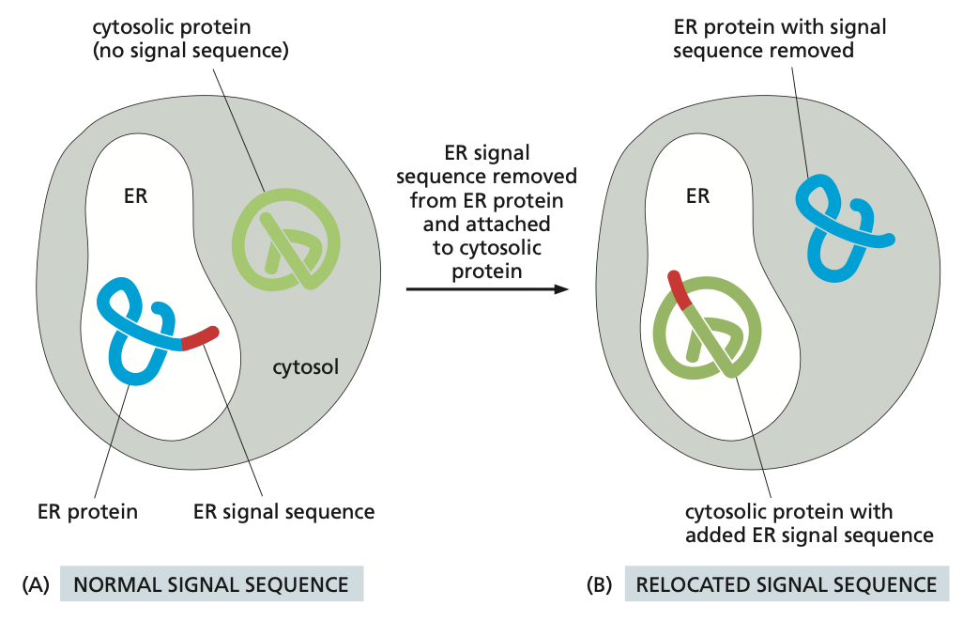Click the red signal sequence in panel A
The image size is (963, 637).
pos(200,338)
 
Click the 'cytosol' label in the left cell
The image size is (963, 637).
pos(305,366)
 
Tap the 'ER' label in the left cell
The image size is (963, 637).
pos(136,196)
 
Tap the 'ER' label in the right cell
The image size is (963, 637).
pos(697,196)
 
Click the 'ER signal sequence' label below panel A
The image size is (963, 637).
pos(283,512)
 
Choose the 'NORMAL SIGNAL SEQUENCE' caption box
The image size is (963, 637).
pos(211,583)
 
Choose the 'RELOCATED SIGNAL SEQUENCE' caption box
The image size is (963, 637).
pos(787,583)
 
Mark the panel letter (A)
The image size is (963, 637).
pos(37,583)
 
